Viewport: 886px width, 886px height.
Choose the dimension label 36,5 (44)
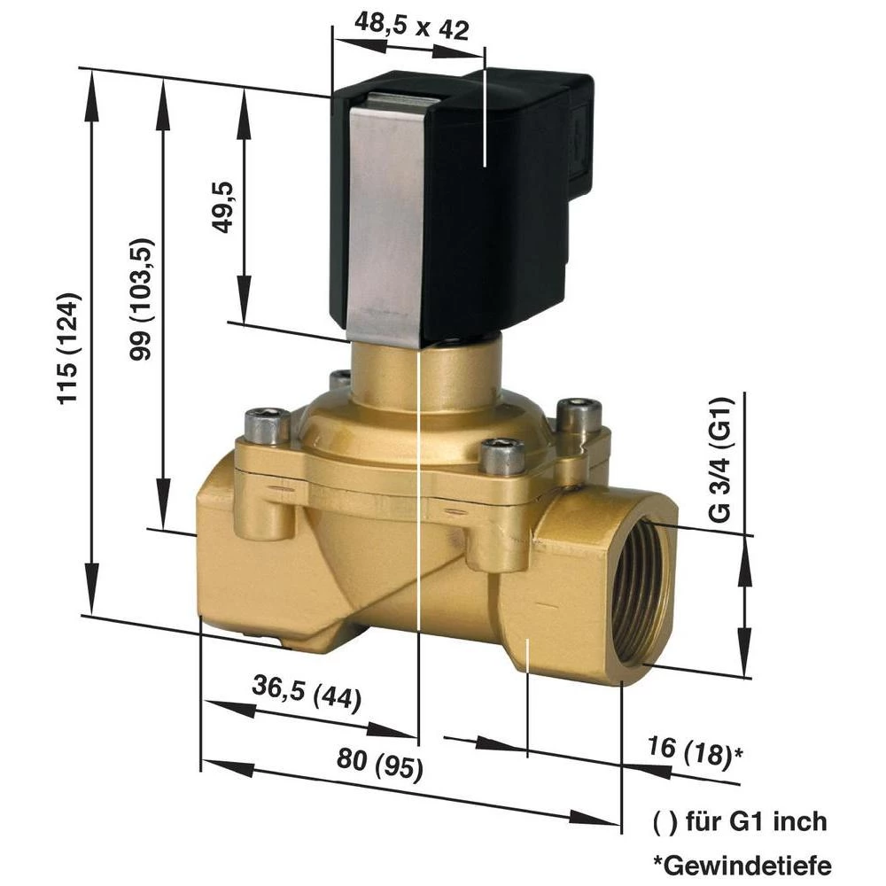[x=307, y=693]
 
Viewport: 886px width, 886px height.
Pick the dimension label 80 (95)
[x=380, y=759]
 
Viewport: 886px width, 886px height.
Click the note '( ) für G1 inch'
[x=739, y=820]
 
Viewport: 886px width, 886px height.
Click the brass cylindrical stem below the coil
[x=425, y=377]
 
